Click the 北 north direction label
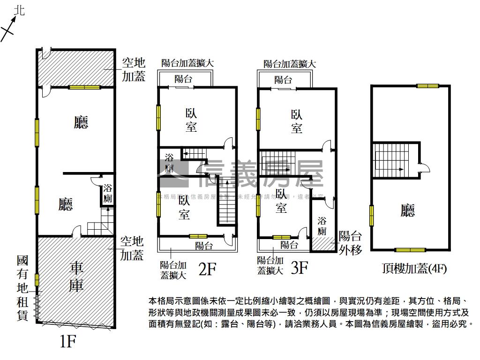pos(19,10)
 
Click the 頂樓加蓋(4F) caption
pos(413,269)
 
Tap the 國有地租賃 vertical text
pos(22,288)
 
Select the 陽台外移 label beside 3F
pos(350,242)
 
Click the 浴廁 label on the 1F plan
pos(108,194)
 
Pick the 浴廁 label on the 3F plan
pos(322,225)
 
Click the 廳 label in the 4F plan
pos(408,210)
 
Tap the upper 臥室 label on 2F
pos(191,120)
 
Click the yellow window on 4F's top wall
pos(427,86)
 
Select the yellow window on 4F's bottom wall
pos(410,250)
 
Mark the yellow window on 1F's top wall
pos(84,87)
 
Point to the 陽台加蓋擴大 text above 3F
pos(289,64)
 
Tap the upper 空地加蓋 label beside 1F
pos(134,69)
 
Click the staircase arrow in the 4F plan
pos(394,169)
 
